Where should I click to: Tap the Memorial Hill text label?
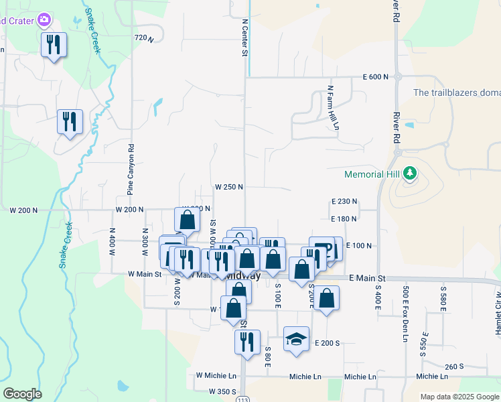tap(372, 175)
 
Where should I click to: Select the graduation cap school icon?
tap(296, 339)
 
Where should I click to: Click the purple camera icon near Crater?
tap(45, 19)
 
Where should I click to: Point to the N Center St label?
tap(245, 37)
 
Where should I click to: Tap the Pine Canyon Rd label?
tap(131, 170)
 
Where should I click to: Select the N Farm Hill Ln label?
tap(331, 107)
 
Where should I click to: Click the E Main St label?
tap(367, 278)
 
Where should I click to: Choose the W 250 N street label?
tap(228, 188)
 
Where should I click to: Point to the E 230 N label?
tap(344, 202)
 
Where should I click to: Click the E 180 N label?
tap(344, 218)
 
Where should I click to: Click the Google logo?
tap(23, 394)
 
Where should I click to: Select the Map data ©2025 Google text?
tap(459, 397)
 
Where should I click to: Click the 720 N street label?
tap(144, 39)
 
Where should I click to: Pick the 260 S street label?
tap(453, 366)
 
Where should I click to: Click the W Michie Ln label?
tap(216, 377)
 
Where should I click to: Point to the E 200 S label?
tap(328, 343)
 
